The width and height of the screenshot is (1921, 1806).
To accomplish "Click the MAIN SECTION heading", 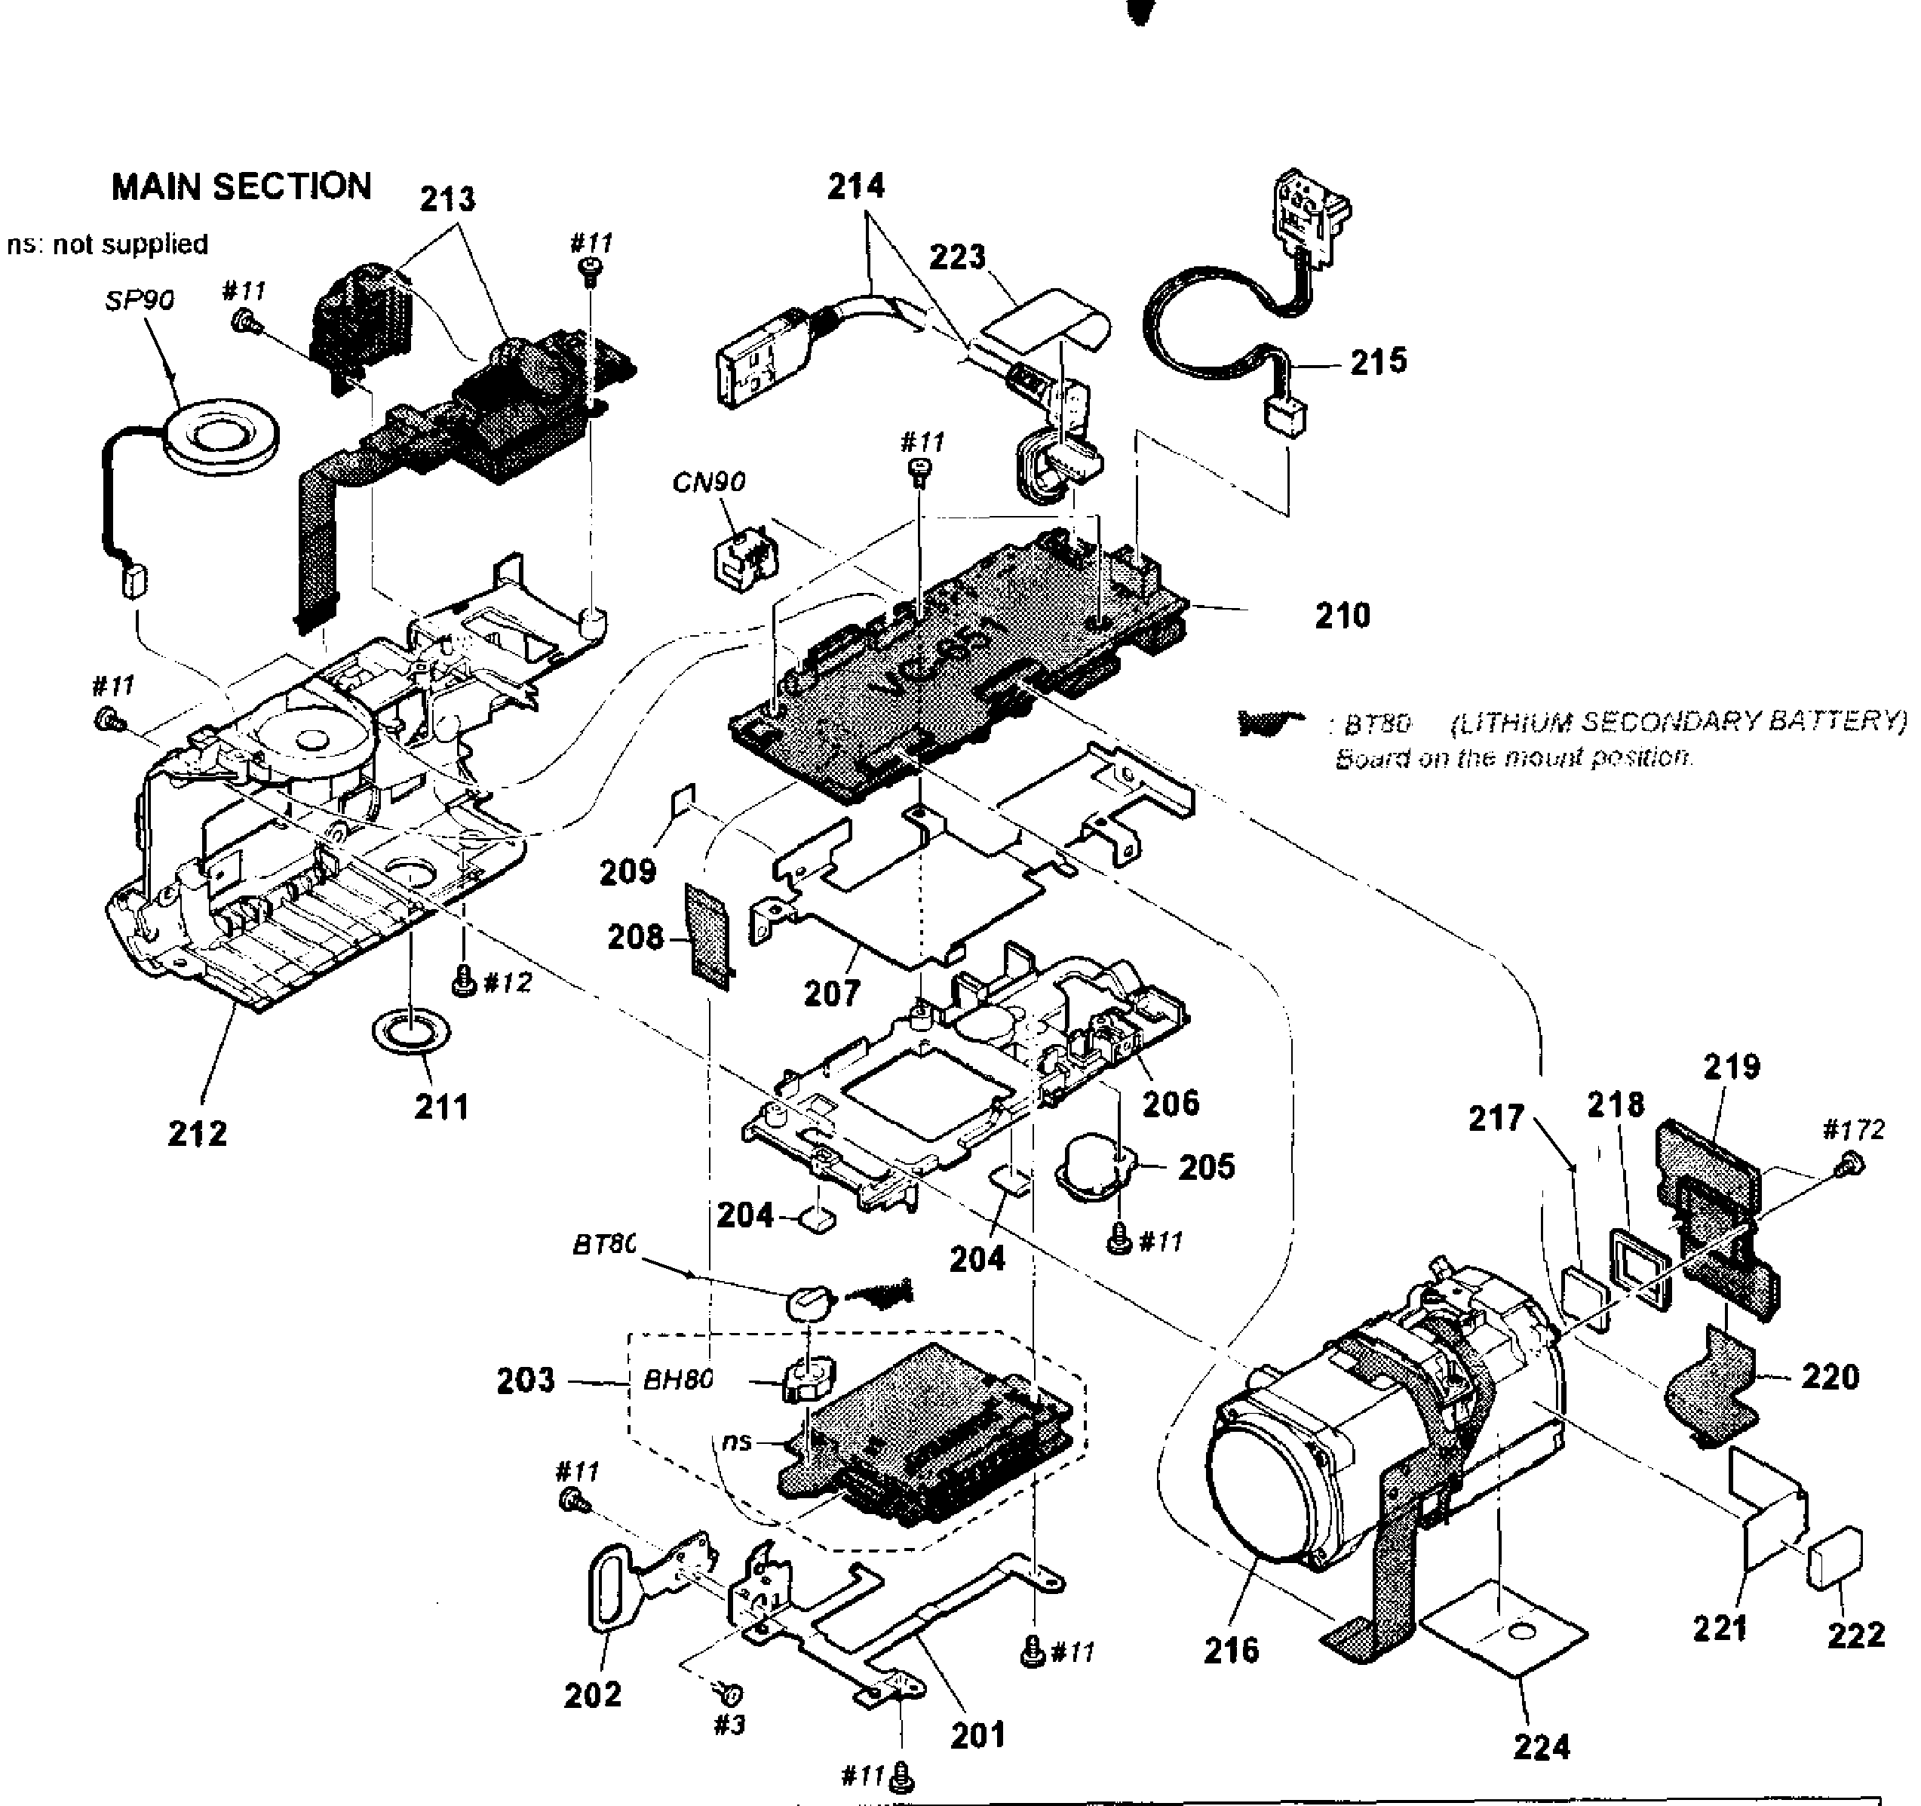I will click(x=241, y=186).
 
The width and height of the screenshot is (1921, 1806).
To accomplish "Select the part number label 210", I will click(x=1343, y=616).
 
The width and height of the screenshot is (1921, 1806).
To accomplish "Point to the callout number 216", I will click(x=1231, y=1649).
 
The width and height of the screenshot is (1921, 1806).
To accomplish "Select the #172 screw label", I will click(x=1853, y=1129).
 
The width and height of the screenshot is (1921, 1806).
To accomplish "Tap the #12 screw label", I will click(x=508, y=983).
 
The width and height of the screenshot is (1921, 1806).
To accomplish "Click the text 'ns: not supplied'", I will click(x=107, y=244).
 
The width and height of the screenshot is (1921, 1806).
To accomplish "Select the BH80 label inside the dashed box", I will click(x=678, y=1379).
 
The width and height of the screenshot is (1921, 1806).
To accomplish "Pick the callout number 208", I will click(x=635, y=936).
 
